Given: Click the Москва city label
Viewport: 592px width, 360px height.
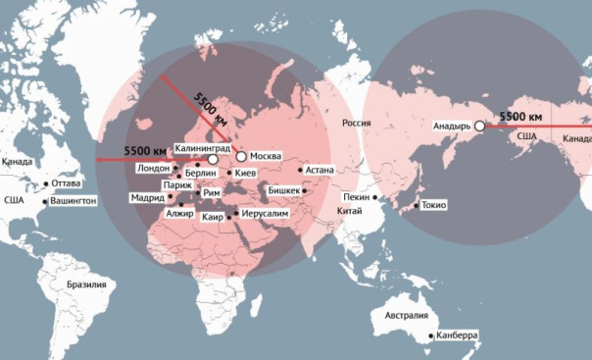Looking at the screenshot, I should pyautogui.click(x=268, y=157).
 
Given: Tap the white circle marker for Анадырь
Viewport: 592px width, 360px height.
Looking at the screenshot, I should pyautogui.click(x=479, y=127).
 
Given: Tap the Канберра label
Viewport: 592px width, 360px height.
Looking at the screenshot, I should pyautogui.click(x=458, y=335).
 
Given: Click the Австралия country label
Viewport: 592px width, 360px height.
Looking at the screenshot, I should pyautogui.click(x=405, y=316).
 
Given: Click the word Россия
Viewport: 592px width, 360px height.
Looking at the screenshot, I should pyautogui.click(x=357, y=123).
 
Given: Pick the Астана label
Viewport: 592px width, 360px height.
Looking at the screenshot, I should pyautogui.click(x=320, y=170).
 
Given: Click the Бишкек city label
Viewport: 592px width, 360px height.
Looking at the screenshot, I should pyautogui.click(x=285, y=190).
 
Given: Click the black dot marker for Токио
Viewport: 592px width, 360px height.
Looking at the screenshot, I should pyautogui.click(x=418, y=206).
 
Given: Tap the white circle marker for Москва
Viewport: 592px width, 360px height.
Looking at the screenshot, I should pyautogui.click(x=241, y=157).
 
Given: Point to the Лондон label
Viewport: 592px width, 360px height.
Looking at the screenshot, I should pyautogui.click(x=154, y=168).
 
